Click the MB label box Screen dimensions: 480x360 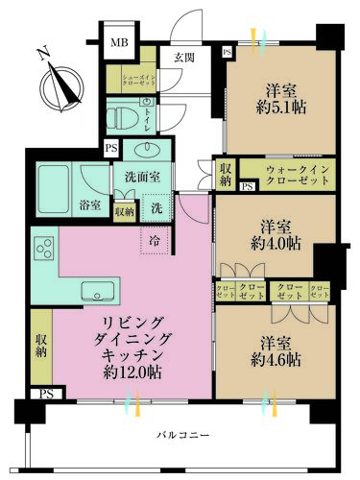pos(120,42)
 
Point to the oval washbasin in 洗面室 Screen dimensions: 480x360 pos(147,149)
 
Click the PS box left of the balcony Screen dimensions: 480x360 pos(45,394)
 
